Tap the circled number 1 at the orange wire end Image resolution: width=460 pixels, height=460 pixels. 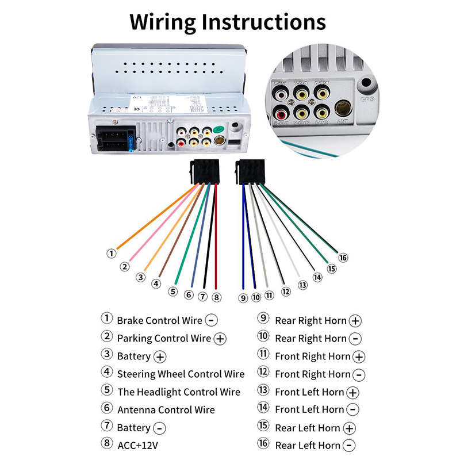(x=112, y=253)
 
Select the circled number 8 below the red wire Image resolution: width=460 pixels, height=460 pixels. (x=216, y=297)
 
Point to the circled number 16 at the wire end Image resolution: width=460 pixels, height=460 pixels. (x=344, y=257)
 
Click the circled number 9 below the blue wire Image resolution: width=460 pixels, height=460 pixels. (x=243, y=298)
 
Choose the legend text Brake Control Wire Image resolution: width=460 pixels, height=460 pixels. (x=159, y=320)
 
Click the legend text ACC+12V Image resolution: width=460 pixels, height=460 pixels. (x=137, y=445)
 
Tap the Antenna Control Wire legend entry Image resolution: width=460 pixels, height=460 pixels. (x=166, y=410)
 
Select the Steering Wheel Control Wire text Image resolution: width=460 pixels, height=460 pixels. (x=181, y=374)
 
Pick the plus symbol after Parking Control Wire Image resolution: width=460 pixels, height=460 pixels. (x=220, y=339)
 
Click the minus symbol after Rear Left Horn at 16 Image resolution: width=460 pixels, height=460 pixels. (x=349, y=446)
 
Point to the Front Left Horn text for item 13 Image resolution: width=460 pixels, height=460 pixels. (x=309, y=392)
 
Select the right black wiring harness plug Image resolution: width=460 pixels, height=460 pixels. (x=251, y=172)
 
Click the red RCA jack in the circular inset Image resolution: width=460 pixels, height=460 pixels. (x=282, y=109)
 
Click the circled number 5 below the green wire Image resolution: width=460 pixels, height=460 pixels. (x=172, y=292)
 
